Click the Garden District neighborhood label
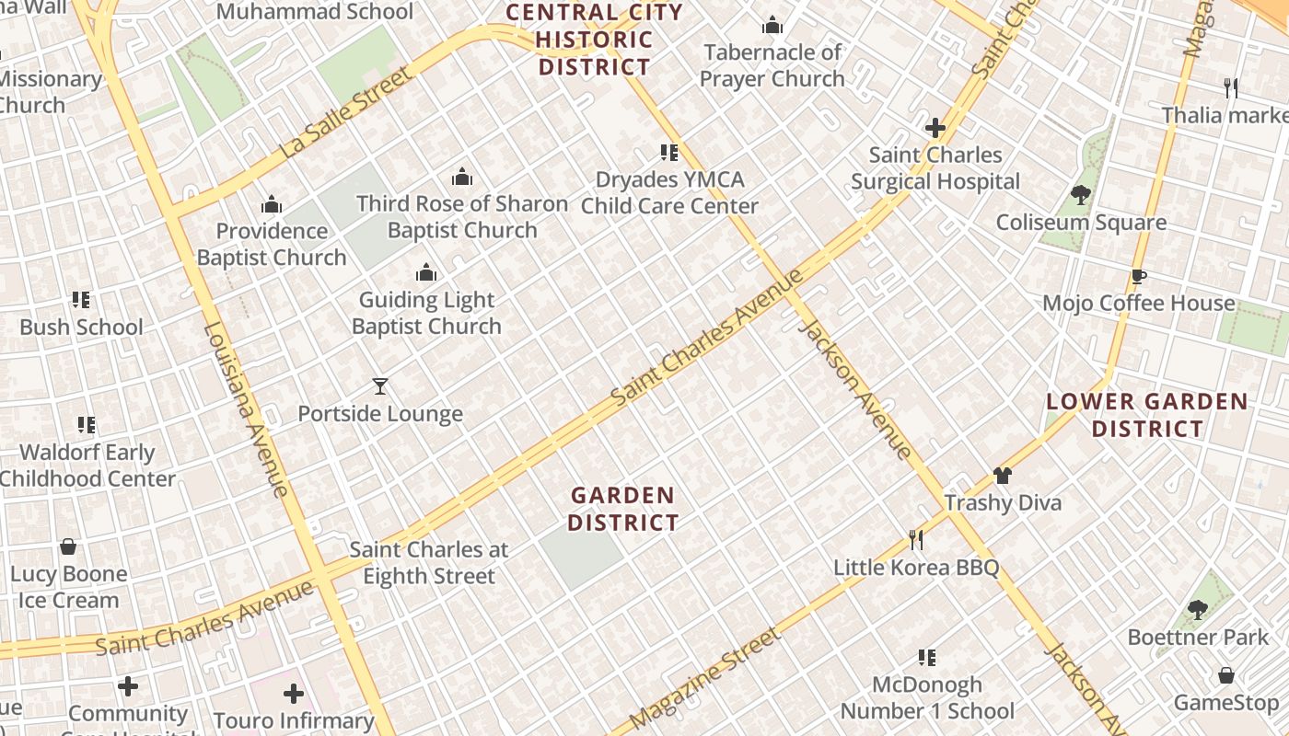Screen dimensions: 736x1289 click(x=623, y=509)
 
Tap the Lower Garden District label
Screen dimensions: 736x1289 click(x=1147, y=415)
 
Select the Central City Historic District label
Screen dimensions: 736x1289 click(x=595, y=40)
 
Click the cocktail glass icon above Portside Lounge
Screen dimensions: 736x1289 click(x=379, y=386)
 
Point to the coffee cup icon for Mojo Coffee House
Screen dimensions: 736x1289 click(x=1139, y=276)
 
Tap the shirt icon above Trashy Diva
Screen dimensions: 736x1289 click(x=1003, y=476)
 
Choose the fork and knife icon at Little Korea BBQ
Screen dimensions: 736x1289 click(x=916, y=539)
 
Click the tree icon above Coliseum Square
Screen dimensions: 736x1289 click(x=1081, y=195)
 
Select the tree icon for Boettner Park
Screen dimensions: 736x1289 click(x=1197, y=609)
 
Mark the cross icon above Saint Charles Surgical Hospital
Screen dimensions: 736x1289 click(x=935, y=128)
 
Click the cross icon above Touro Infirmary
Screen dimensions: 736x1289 click(x=294, y=693)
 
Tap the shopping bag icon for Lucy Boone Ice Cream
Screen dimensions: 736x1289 click(x=68, y=546)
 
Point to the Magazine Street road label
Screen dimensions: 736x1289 click(x=705, y=678)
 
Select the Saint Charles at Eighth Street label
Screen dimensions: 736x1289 click(x=429, y=563)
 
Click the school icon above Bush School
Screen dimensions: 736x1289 click(x=81, y=300)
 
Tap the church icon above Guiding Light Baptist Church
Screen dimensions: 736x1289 click(x=426, y=272)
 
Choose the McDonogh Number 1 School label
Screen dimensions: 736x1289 click(x=927, y=698)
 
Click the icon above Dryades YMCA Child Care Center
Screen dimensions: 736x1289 click(x=669, y=153)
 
